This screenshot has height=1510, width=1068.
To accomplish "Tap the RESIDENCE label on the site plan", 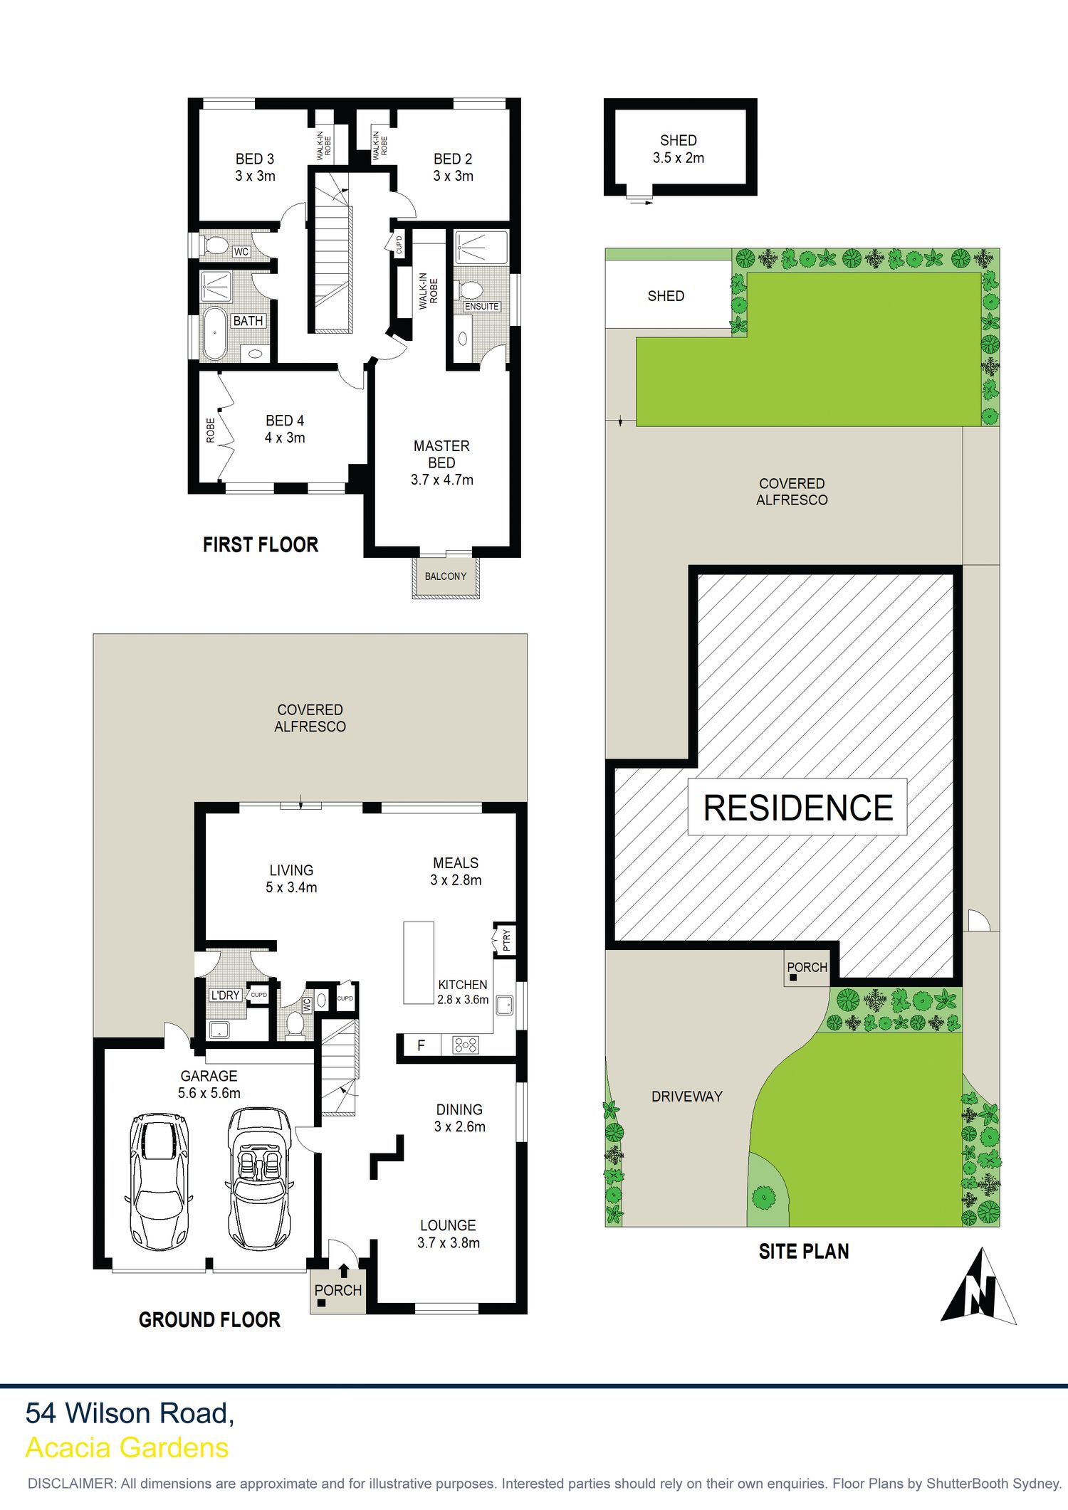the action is coord(798,808).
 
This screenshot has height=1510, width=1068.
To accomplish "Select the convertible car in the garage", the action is coord(259,1178).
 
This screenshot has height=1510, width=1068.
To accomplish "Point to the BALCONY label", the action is coord(446,576).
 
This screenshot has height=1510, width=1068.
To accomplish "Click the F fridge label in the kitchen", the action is coord(421,1045).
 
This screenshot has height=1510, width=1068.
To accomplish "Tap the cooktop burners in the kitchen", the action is coord(466,1045).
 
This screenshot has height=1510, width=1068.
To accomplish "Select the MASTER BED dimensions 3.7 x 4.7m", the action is coord(441,480).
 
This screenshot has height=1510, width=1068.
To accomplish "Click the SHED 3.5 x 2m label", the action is coord(679,149).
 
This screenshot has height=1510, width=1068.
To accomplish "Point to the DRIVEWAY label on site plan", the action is coord(687,1097).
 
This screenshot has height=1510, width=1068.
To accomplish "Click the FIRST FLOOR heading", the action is coord(261,545).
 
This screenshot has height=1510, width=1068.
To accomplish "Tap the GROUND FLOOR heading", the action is coord(209,1320).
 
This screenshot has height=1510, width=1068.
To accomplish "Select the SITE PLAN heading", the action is coord(804,1252).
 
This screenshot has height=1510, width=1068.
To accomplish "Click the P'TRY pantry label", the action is coord(506,940).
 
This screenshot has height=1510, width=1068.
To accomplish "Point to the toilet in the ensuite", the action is coord(470,290).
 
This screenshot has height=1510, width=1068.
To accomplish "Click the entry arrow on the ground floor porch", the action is coord(344,1269).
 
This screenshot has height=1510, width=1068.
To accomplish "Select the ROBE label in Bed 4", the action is coord(211,431).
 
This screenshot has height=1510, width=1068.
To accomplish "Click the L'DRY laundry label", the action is coord(225,995).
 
